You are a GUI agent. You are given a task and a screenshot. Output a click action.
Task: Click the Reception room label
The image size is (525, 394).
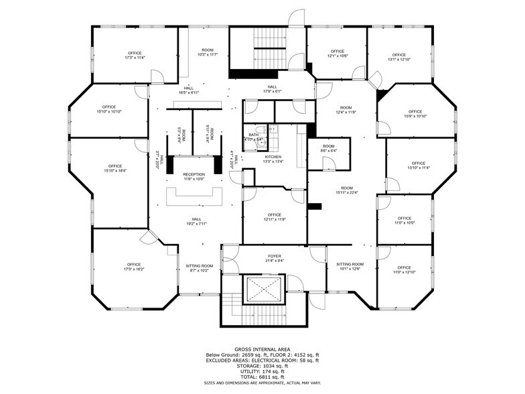tap(194, 176)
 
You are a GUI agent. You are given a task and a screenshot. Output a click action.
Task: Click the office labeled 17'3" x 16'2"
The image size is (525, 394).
tap(134, 267)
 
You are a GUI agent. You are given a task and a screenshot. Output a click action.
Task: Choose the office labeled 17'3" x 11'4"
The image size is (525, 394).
tap(135, 55)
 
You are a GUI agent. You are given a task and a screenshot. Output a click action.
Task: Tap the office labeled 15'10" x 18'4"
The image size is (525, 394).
tap(115, 168)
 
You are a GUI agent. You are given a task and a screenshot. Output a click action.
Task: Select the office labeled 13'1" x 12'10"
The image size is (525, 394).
tap(399, 57)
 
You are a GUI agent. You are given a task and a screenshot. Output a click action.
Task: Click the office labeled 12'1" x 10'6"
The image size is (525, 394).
tap(336, 54)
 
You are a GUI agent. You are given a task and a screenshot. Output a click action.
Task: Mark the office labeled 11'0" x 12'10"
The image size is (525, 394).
tap(404, 270)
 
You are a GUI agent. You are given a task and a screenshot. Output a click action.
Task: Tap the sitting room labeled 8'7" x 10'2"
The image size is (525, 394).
tap(199, 268)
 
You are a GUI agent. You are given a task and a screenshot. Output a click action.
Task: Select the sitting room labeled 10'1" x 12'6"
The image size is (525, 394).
tap(350, 267)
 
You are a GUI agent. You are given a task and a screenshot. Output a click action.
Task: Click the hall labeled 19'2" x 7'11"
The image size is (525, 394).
tap(196, 221)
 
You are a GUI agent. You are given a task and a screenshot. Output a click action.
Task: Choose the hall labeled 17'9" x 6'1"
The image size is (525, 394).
tap(272, 88)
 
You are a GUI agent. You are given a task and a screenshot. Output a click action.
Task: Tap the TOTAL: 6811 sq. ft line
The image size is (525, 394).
tap(262, 376)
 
